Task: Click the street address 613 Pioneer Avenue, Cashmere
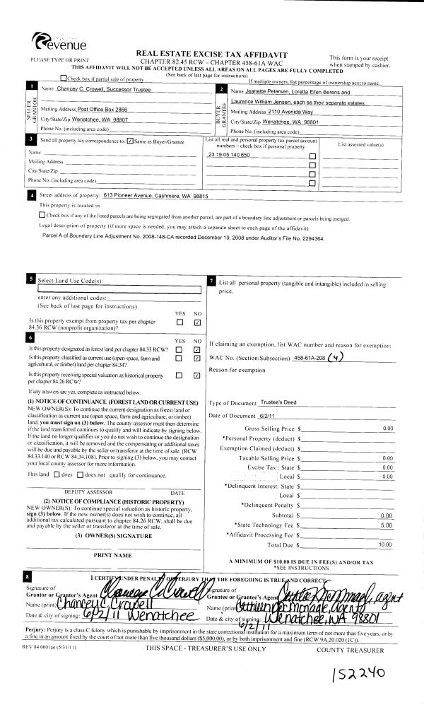[155, 195]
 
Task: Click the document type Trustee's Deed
[281, 402]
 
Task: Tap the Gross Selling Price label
[269, 429]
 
